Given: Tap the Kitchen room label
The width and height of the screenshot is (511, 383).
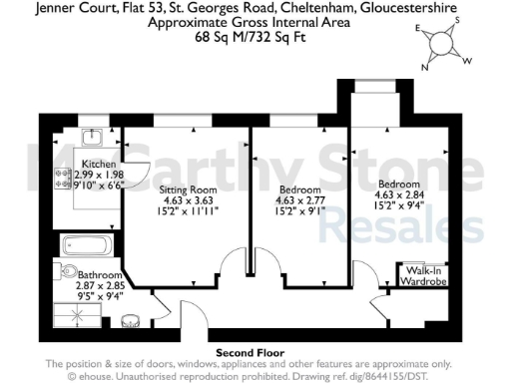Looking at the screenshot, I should pos(99,164).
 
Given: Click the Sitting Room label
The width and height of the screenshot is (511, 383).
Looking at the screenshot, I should pos(189,189).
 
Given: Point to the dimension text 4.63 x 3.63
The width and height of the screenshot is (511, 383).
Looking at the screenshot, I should pos(189,199).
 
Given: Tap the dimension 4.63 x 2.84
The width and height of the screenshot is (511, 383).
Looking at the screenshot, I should pos(400,193).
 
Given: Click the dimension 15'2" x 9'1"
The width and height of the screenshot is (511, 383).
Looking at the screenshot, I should pos(300,210).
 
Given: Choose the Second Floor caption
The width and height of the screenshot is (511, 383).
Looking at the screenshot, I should pos(251,352).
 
